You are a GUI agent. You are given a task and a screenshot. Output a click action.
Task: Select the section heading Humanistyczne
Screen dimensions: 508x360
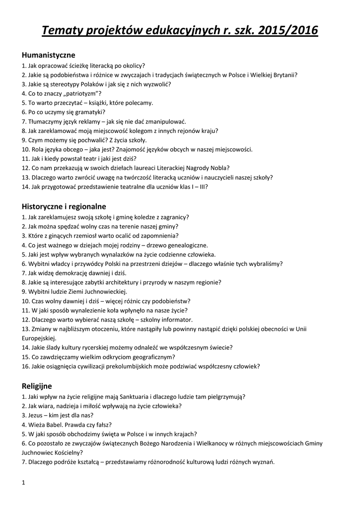48,55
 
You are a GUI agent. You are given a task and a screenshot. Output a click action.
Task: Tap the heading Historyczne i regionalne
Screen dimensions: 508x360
64,206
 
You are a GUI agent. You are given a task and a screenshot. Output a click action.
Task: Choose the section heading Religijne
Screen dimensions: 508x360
37,385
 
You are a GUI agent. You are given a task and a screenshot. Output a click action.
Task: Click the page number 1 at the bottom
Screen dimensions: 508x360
24,482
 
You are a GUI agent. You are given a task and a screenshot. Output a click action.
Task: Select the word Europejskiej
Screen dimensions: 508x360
40,338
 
